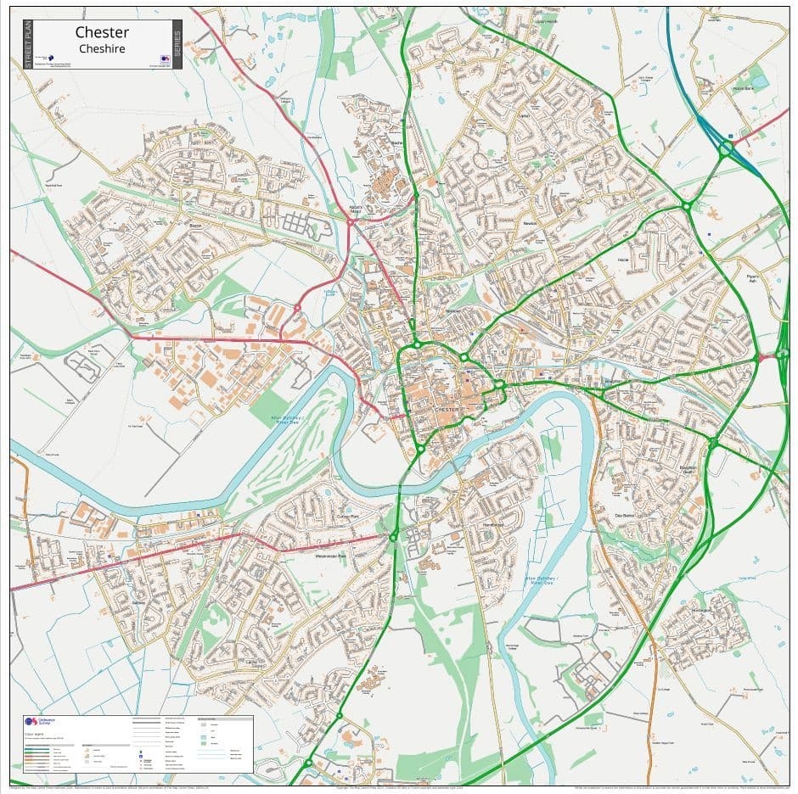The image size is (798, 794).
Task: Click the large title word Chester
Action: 102,32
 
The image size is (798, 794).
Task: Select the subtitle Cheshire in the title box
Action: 102,49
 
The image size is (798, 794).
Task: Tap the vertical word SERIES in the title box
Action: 177,44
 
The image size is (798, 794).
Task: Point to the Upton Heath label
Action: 546,22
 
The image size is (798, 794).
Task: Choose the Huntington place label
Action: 700,608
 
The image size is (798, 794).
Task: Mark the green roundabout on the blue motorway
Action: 726,149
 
